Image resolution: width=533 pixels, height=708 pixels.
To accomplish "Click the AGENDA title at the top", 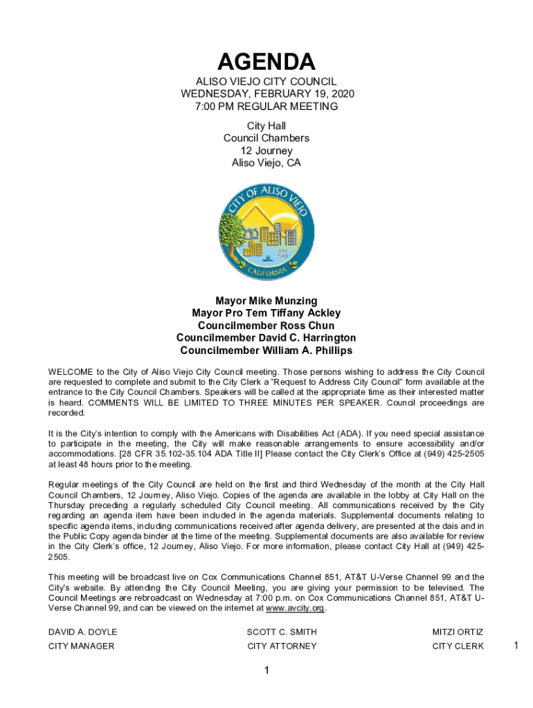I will pos(266,62).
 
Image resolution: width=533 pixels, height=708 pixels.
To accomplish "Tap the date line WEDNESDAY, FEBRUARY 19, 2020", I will pos(266,94).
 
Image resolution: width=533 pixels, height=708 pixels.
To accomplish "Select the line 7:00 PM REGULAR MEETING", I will pos(266,106).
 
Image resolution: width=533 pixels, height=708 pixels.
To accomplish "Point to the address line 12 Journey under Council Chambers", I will pos(266,151).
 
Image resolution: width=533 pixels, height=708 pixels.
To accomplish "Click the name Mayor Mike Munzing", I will pos(266,301).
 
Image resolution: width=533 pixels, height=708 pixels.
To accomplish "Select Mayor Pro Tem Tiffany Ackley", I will pos(266,313).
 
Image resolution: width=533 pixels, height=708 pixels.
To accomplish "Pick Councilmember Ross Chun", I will pos(266,326).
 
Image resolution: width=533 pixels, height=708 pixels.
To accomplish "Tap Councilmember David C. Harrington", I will pos(266,338).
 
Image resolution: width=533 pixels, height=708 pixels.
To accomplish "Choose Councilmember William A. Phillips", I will pos(266,351).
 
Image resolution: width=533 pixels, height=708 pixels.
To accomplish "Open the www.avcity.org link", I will pos(296,608).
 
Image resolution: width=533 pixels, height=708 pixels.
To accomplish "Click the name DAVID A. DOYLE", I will pos(82,632).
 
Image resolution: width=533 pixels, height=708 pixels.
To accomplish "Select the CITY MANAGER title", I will pos(81,646).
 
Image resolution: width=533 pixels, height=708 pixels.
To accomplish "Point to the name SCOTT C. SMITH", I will pos(282,632).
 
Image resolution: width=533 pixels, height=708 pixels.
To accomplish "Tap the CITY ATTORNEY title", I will pos(282,646).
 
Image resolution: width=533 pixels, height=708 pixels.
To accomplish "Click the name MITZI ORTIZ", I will pos(458,632).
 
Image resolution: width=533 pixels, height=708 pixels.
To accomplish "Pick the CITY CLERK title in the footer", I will pos(458,646).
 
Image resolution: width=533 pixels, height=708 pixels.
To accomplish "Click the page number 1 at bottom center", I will pos(266,671).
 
